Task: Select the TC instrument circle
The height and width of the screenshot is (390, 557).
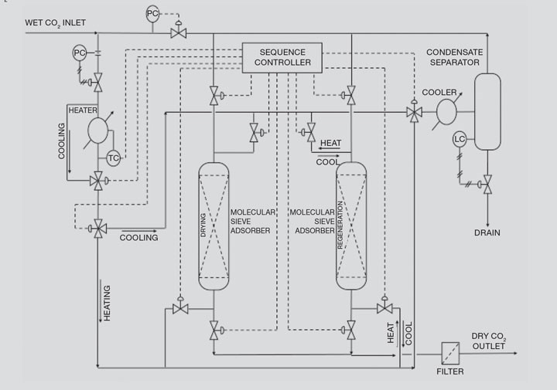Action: coord(113,158)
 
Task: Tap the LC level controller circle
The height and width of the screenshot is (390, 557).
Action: coord(460,139)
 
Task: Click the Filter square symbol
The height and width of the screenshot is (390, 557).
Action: coord(450,353)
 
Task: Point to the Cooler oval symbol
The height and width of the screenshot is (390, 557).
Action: coord(446,112)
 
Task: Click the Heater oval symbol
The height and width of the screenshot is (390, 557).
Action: coord(97,131)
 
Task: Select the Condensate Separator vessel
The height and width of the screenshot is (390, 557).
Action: coord(487,112)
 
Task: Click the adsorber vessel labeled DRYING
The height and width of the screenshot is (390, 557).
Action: coord(214,226)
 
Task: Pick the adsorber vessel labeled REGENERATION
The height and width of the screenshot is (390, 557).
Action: coord(351,226)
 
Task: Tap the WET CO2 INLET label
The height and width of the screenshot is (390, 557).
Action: coord(56,23)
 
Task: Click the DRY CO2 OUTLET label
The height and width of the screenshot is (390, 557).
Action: coord(489,341)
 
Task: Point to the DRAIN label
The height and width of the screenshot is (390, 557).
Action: coord(487,233)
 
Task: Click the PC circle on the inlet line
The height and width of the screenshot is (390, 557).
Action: coord(152,14)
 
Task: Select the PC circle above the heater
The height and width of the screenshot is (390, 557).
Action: coord(80,53)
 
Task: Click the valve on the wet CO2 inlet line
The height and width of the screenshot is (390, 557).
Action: coord(179,33)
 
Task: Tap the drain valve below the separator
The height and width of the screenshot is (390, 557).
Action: coord(487,184)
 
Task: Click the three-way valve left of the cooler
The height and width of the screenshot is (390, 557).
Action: coord(414,113)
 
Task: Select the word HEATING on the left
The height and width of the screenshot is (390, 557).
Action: coord(107,304)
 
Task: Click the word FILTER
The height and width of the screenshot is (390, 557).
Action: coord(450,371)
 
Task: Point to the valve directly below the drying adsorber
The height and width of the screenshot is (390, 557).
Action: coord(214,330)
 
